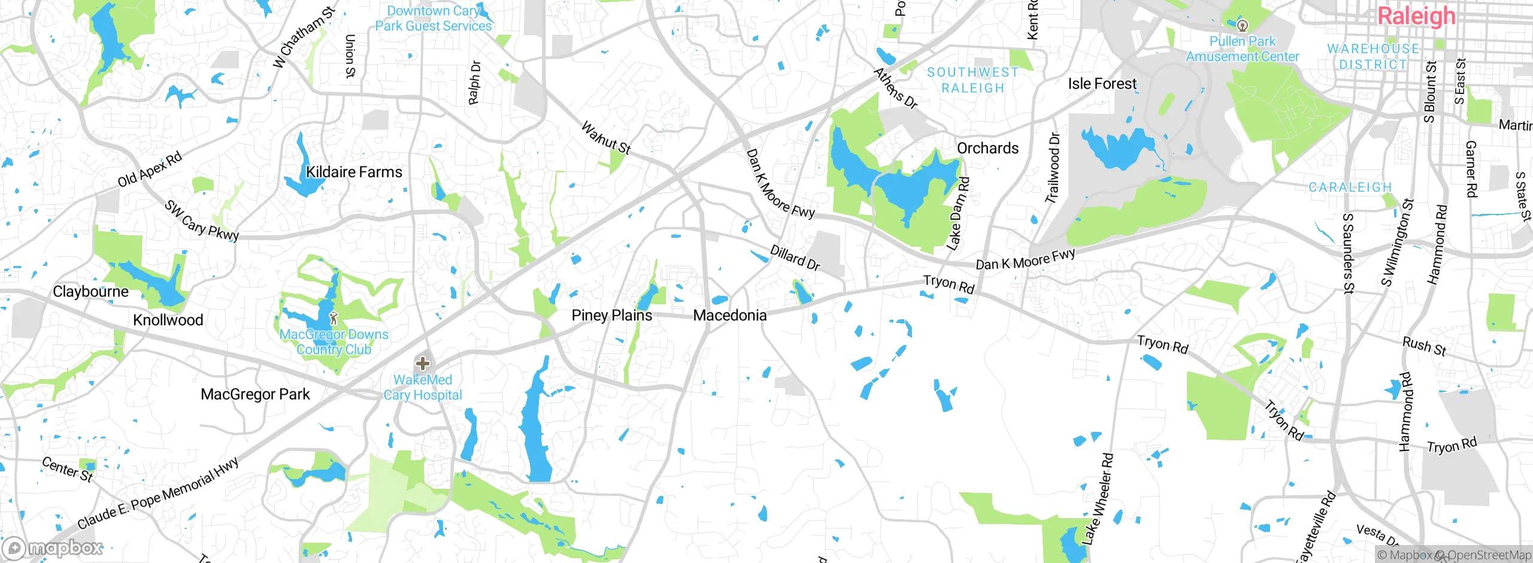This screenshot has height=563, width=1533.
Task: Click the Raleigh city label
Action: coord(1416,16)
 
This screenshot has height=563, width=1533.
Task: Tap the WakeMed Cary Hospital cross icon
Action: coord(423,363)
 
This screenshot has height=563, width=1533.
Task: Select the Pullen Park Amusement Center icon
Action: coord(1243,25)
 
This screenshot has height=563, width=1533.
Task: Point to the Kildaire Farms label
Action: coord(354,172)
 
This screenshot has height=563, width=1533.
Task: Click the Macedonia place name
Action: coord(729,316)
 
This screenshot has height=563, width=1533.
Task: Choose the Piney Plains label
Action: coord(611,316)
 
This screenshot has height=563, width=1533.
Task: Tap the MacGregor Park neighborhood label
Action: coord(255,394)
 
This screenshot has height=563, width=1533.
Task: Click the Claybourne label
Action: coord(90,292)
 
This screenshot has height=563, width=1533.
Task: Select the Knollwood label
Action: coord(168,320)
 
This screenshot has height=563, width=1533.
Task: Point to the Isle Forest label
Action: coord(1102,84)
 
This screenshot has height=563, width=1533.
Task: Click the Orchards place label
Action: coord(987,149)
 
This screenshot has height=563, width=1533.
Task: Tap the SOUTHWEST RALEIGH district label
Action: coord(973,80)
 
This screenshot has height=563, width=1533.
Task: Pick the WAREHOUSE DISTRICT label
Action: coord(1373,56)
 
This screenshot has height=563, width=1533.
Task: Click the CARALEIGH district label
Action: coord(1350,187)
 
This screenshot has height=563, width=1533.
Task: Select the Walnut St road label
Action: coord(606,138)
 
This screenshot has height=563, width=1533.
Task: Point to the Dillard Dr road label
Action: coord(795,258)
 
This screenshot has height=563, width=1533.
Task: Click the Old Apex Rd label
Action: coord(150,170)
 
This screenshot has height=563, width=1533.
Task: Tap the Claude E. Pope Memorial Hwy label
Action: coord(158,492)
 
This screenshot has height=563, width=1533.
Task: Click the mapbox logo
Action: coord(53,547)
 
